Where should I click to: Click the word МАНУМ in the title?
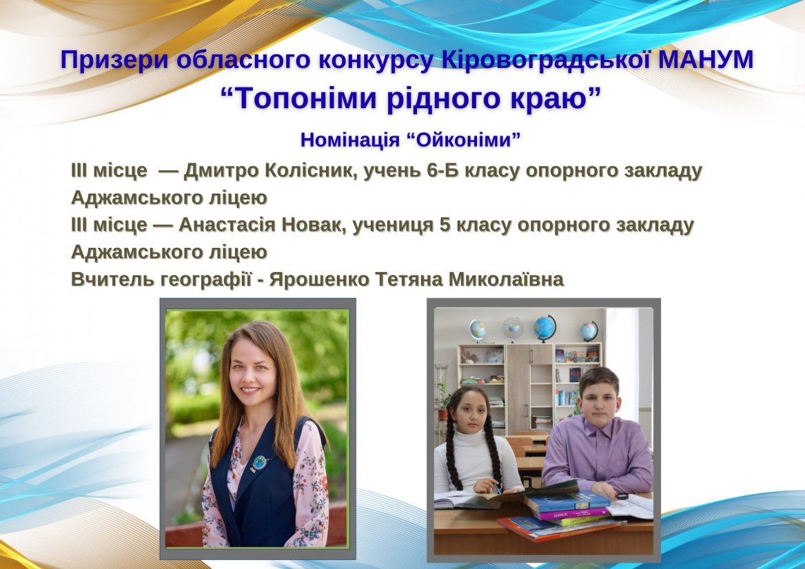coord(706,60)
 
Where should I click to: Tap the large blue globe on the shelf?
coord(544,328)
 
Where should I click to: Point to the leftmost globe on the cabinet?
coord(477,331)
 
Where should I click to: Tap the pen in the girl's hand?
coord(496,486)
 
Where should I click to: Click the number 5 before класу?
coord(445,225)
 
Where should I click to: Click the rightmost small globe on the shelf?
coord(589,331)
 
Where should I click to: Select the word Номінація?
coord(350,140)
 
